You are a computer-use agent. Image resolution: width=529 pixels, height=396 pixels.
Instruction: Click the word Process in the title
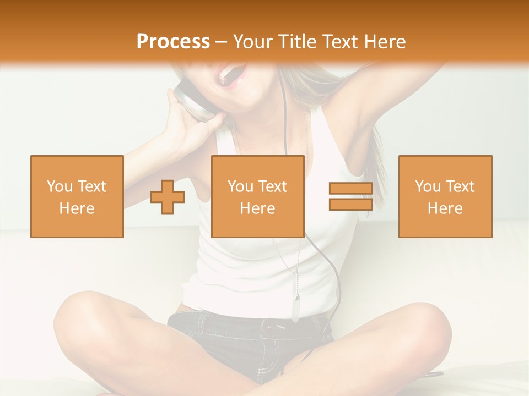tap(173, 42)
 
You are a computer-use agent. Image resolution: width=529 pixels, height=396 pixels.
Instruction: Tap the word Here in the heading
tap(384, 42)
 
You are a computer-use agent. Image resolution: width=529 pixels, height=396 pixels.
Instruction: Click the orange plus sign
tap(168, 197)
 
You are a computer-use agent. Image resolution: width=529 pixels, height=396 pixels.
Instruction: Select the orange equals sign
tap(350, 197)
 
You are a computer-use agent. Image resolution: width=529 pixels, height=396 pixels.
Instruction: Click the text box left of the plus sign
tap(77, 197)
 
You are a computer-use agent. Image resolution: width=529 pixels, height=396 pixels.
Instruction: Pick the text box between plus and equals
tap(257, 197)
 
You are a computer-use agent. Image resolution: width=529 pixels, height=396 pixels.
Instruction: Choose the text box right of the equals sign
tap(445, 197)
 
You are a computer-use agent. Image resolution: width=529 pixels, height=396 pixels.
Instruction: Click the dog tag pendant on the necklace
tap(296, 308)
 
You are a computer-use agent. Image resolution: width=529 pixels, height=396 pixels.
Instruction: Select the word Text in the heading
tap(339, 42)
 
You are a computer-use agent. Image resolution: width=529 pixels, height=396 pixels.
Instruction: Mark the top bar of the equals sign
tap(350, 189)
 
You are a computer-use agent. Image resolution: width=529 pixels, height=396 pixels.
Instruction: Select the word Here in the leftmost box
tap(77, 208)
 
